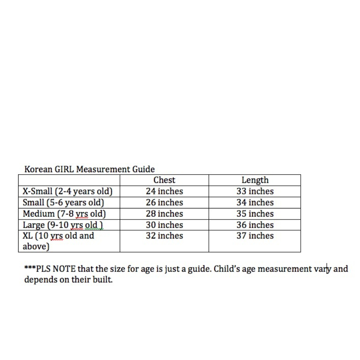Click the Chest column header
[x=164, y=180]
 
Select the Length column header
[x=255, y=180]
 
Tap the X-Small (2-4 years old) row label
[x=68, y=192]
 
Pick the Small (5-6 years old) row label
[x=63, y=203]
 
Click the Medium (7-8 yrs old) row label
[x=64, y=214]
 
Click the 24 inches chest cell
[x=164, y=192]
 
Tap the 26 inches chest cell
[x=164, y=203]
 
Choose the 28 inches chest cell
[x=164, y=214]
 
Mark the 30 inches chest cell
[x=164, y=225]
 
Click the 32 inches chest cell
[x=164, y=236]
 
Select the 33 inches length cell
[x=255, y=192]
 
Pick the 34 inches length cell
[x=255, y=203]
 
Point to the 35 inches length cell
[x=255, y=214]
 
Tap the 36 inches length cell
[x=255, y=225]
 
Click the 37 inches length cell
[x=255, y=236]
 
